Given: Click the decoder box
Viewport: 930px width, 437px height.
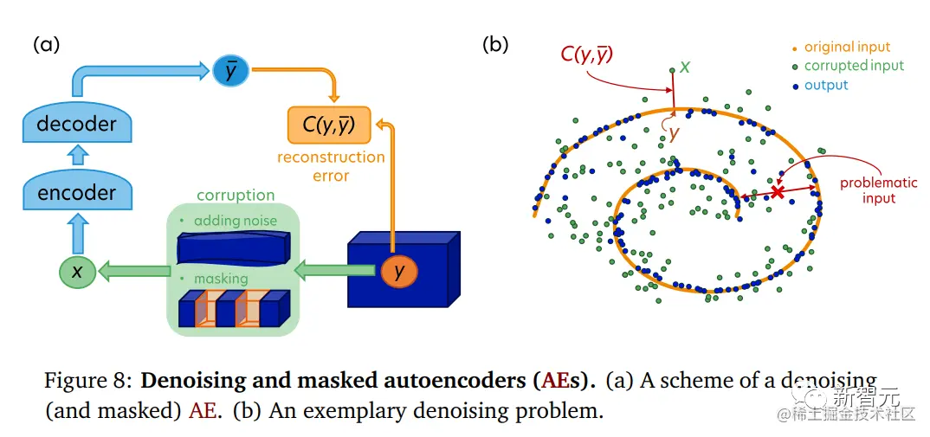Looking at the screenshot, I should [76, 123].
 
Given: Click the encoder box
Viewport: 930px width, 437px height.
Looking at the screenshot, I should [76, 192].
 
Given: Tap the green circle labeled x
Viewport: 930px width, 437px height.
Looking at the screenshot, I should [77, 272].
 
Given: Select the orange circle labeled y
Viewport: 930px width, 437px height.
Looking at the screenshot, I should [398, 272].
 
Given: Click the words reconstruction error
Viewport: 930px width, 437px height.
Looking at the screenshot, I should [331, 166].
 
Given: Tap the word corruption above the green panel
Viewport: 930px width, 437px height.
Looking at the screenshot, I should [236, 196].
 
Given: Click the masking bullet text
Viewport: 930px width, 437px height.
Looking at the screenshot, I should [220, 279].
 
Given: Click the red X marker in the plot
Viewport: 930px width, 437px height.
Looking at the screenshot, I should [778, 192].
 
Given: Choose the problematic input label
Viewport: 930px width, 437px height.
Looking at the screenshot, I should [868, 190].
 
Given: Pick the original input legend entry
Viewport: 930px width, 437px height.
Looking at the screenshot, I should [846, 48].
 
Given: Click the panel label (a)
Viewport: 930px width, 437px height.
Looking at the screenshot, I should [46, 45].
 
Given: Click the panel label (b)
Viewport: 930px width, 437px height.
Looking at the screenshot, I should [494, 45].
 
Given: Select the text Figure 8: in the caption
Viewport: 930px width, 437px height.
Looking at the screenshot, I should [89, 381].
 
